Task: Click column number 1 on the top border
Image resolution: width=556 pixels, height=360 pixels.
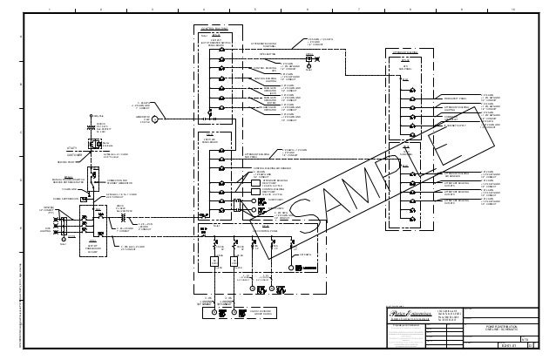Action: tap(51, 6)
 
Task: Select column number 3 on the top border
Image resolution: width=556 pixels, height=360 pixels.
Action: tap(152, 6)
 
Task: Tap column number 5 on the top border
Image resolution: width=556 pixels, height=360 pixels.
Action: tap(254, 6)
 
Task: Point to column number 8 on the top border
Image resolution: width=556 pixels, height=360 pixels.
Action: tap(410, 6)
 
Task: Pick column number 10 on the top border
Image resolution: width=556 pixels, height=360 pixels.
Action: tap(513, 6)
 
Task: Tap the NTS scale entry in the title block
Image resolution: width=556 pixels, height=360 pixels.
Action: tap(523, 336)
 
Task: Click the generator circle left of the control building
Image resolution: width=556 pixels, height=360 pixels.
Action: tap(155, 119)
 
